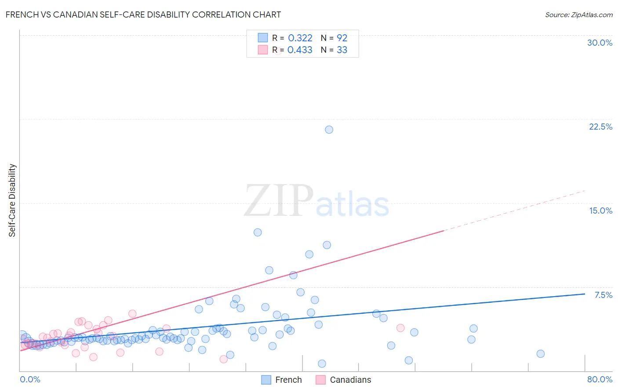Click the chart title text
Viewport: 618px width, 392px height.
coord(143,15)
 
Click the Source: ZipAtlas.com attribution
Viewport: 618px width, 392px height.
coord(578,15)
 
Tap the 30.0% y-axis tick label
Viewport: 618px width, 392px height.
coord(600,43)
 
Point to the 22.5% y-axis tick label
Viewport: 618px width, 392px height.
coord(600,127)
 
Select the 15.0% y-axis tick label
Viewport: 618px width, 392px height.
coord(600,211)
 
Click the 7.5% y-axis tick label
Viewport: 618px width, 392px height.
coord(603,295)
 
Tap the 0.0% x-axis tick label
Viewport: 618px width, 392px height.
coord(30,379)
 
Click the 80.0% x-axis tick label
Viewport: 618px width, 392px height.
coord(600,379)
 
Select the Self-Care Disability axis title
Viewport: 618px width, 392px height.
coord(12,200)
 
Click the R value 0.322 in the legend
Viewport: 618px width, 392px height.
coord(300,38)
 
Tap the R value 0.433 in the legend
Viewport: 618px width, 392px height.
coord(300,50)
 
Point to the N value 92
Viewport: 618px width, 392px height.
coord(342,38)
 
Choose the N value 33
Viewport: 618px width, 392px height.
coord(342,50)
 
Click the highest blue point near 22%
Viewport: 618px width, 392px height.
coord(329,130)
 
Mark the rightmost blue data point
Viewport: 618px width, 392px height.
coord(541,354)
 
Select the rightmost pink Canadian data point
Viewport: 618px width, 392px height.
coord(400,328)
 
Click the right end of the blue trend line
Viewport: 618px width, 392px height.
coord(585,294)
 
